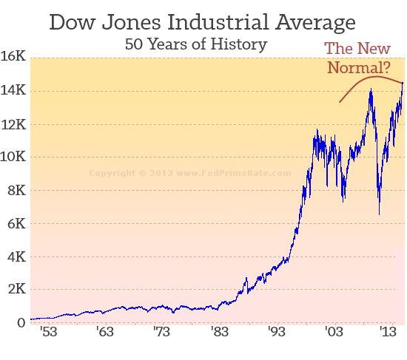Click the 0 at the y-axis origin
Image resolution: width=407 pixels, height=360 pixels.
(21, 323)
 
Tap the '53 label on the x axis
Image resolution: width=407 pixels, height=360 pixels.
(50, 333)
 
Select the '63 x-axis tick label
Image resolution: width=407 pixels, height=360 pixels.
(106, 333)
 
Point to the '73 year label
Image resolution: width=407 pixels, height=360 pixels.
(162, 333)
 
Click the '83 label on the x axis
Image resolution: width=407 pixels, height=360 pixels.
(219, 333)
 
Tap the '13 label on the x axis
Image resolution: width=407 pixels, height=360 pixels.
(388, 333)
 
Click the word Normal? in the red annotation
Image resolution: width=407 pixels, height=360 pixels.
(358, 69)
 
